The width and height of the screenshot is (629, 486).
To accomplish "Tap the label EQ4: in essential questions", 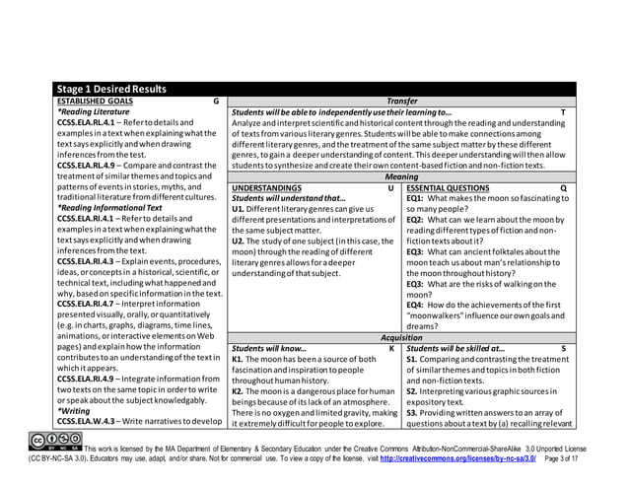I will tap(418, 305).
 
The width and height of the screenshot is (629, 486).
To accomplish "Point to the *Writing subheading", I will tap(73, 410).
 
